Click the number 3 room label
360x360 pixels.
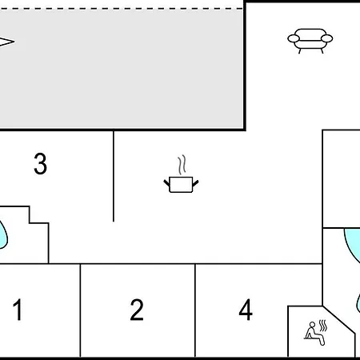[41, 163]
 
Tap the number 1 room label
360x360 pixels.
[18, 310]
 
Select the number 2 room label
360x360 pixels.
[137, 310]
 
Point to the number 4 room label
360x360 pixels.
[246, 310]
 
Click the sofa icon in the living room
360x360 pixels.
[310, 41]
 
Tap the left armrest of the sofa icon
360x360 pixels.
[294, 38]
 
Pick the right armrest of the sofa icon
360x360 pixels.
[326, 38]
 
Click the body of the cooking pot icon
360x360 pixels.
[181, 184]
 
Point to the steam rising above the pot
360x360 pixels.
[182, 165]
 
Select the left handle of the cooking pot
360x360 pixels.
[166, 183]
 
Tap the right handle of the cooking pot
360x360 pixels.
[195, 183]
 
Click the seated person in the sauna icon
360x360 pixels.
[314, 334]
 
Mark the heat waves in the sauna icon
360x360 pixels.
[323, 326]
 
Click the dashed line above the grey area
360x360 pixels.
[122, 9]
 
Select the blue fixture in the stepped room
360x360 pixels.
[3, 234]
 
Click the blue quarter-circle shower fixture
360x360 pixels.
[352, 244]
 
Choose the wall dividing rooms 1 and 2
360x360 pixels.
[80, 310]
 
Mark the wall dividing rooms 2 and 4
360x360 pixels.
[195, 310]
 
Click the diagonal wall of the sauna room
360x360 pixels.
[339, 320]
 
